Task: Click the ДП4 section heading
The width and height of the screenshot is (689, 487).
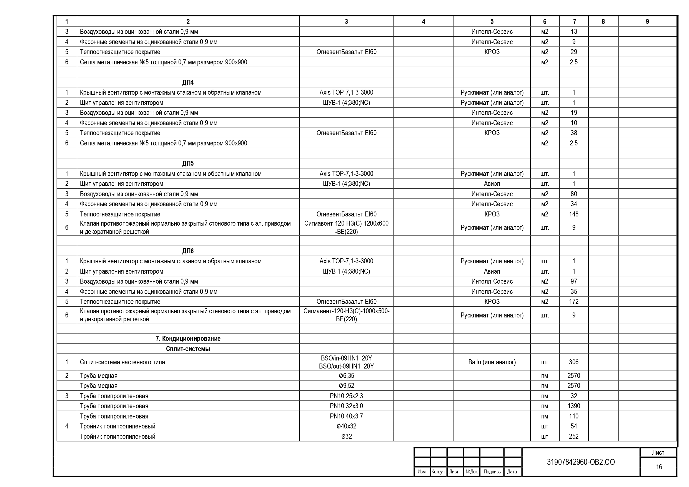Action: (x=188, y=82)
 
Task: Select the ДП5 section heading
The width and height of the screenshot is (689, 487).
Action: (x=188, y=163)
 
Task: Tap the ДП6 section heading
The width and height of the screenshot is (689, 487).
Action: (x=188, y=251)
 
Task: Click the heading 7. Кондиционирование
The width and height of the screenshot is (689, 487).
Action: (x=188, y=339)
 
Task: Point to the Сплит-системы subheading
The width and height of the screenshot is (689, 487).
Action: (x=188, y=349)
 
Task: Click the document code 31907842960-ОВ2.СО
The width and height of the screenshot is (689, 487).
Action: (x=581, y=462)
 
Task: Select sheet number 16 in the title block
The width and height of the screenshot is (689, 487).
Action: (x=659, y=467)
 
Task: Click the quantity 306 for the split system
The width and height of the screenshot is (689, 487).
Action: (x=573, y=362)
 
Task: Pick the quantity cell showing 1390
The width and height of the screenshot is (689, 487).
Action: (x=573, y=406)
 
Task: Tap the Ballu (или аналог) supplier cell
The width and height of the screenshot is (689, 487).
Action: (x=492, y=362)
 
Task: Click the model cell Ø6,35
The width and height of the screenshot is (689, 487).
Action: (x=346, y=375)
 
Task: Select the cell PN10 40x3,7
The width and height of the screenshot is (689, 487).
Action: (x=346, y=416)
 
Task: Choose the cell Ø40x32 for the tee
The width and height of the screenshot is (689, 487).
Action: (x=346, y=426)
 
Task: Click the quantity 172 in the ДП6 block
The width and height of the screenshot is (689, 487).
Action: (x=573, y=301)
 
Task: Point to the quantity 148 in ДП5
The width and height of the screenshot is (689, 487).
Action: (x=573, y=214)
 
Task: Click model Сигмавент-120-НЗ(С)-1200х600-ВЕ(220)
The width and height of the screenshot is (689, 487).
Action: (x=346, y=227)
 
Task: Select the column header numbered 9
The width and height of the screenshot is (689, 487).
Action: (x=647, y=22)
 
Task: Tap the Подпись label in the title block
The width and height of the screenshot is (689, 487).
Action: (x=492, y=472)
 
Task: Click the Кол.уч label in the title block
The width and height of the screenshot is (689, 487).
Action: (x=438, y=472)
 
